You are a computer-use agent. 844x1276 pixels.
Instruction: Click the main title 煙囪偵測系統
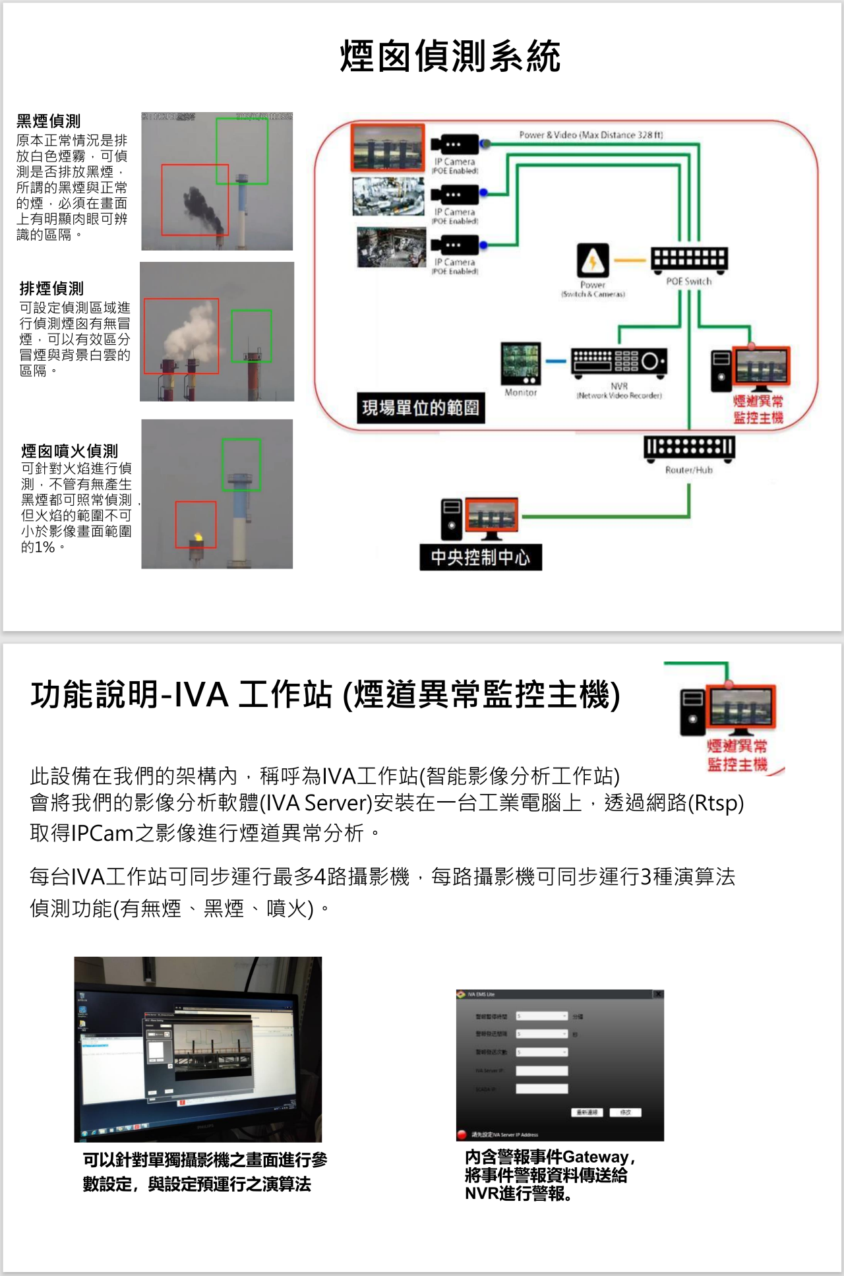(x=450, y=56)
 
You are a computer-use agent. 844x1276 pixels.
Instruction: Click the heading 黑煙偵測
(x=49, y=121)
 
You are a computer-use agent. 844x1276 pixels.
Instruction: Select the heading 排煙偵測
(x=51, y=289)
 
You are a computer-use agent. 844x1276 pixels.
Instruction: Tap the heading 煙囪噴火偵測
(x=69, y=451)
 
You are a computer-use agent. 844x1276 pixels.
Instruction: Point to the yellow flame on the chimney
(x=196, y=537)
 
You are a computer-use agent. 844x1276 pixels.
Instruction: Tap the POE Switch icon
(x=689, y=260)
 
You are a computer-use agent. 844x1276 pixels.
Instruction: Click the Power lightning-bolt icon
(x=593, y=260)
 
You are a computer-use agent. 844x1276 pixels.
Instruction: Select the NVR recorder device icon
(x=619, y=362)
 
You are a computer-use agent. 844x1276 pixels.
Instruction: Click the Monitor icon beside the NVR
(x=520, y=363)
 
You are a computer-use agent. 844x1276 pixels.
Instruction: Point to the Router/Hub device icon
(x=689, y=448)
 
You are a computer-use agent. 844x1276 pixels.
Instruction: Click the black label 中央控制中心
(x=480, y=557)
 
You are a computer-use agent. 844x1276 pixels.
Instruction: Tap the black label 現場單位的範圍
(x=421, y=408)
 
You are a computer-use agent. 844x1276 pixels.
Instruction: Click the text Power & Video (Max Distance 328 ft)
(x=591, y=135)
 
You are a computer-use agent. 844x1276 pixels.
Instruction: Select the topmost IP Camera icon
(x=454, y=144)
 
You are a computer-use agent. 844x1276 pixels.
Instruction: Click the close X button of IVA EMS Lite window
(x=657, y=994)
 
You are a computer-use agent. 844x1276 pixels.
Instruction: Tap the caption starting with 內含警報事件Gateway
(x=549, y=1175)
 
